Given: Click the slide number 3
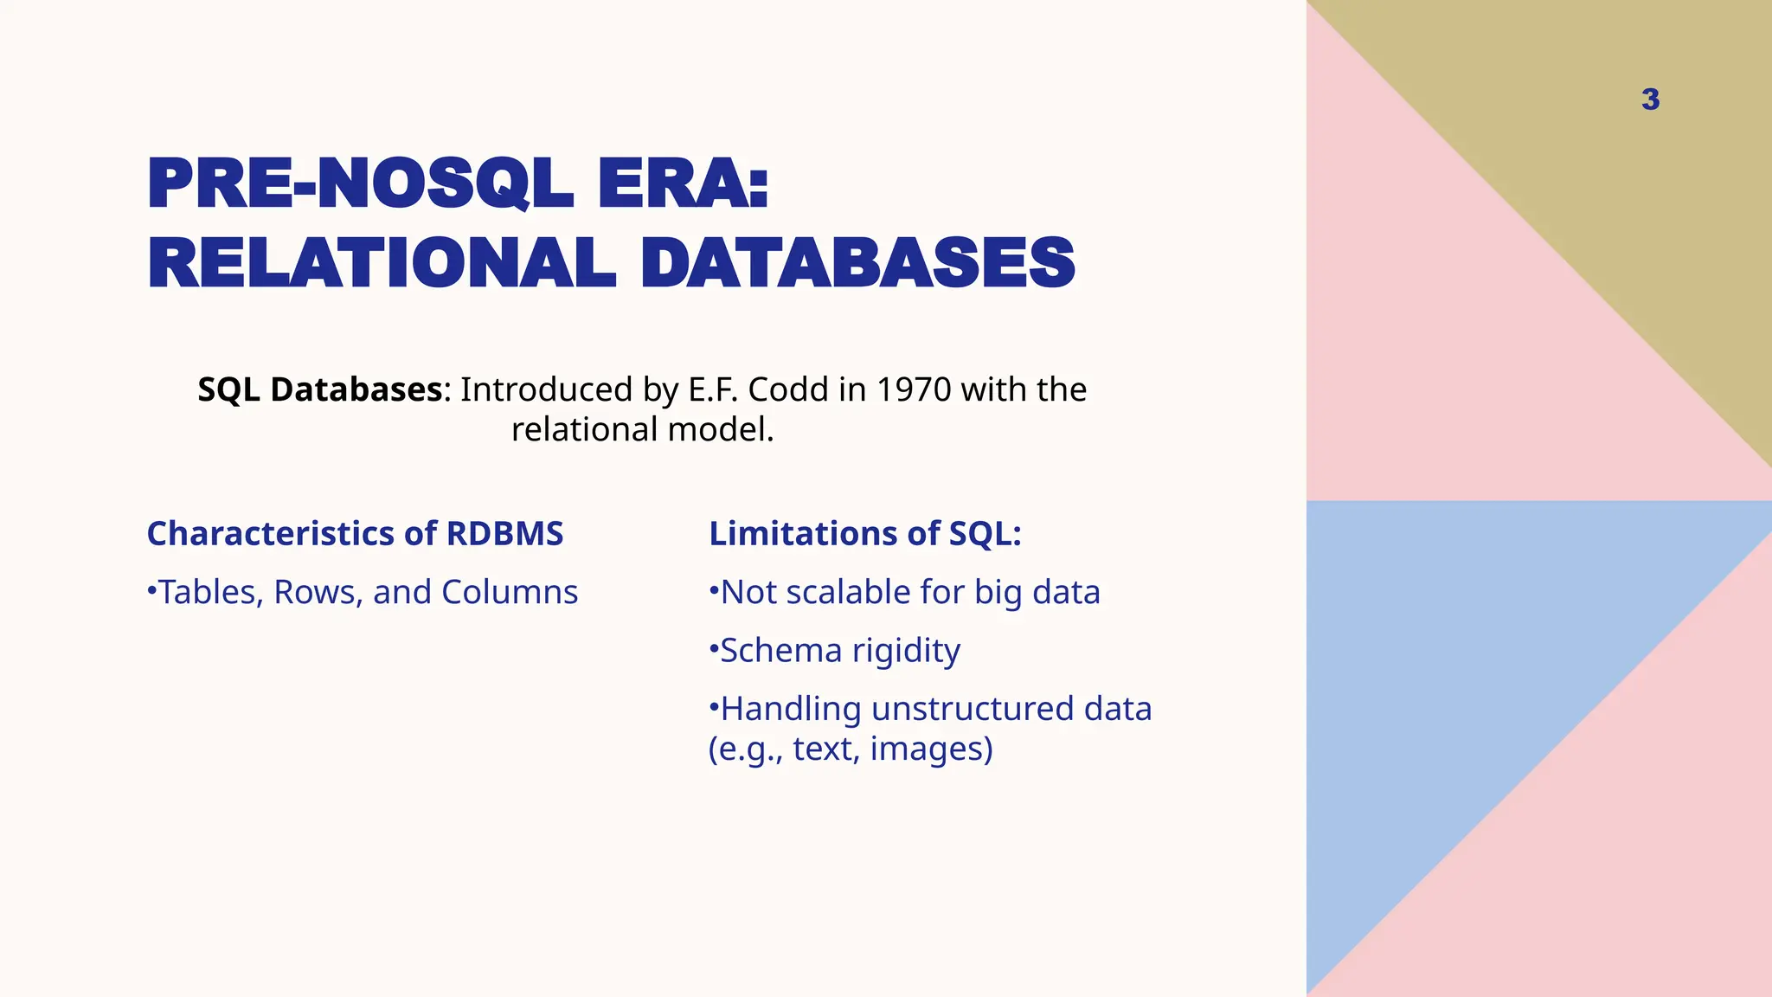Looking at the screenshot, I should (1650, 100).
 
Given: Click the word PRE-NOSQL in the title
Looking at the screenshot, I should (360, 183).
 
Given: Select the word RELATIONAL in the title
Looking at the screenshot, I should (382, 263).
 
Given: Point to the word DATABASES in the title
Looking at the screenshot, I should (857, 263).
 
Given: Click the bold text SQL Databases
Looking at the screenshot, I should (320, 389).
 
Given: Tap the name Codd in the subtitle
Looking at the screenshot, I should (788, 389).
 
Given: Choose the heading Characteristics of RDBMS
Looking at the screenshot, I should (355, 533).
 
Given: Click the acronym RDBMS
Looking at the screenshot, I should (504, 533).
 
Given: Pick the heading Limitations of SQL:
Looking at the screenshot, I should (865, 533).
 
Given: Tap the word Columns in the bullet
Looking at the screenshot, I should (510, 592).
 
